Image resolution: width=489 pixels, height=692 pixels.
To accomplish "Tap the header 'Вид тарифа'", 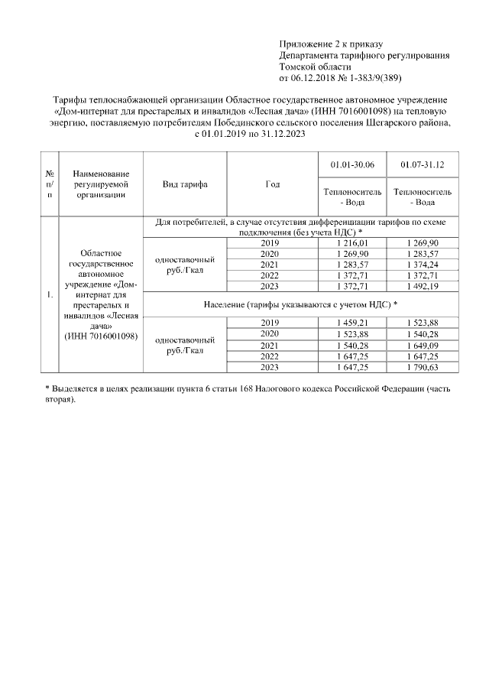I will pos(185,184).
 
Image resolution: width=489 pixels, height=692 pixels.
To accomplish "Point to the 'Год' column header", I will pos(272,184).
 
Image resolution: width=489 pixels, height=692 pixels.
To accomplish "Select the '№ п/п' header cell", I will pos(50,184).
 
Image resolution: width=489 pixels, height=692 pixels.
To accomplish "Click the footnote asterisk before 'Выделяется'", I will pos(47,390).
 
